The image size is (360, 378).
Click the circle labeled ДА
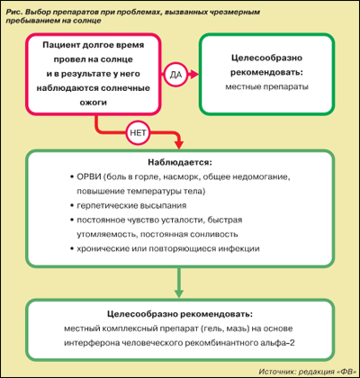click(x=175, y=75)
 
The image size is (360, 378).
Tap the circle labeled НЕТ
click(x=139, y=133)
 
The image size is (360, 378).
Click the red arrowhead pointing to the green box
click(x=194, y=75)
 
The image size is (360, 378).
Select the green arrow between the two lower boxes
click(x=179, y=283)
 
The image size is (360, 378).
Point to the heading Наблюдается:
click(x=180, y=163)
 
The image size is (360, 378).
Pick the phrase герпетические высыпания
click(x=131, y=206)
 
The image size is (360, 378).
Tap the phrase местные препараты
click(x=267, y=87)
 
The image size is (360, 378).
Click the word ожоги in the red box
click(x=94, y=103)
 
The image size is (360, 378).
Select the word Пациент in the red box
click(x=60, y=45)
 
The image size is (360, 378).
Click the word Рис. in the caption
click(x=13, y=13)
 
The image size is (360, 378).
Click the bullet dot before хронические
click(x=72, y=249)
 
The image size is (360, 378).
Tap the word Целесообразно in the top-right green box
click(x=267, y=58)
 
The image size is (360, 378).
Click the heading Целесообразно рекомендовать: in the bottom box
click(x=180, y=314)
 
